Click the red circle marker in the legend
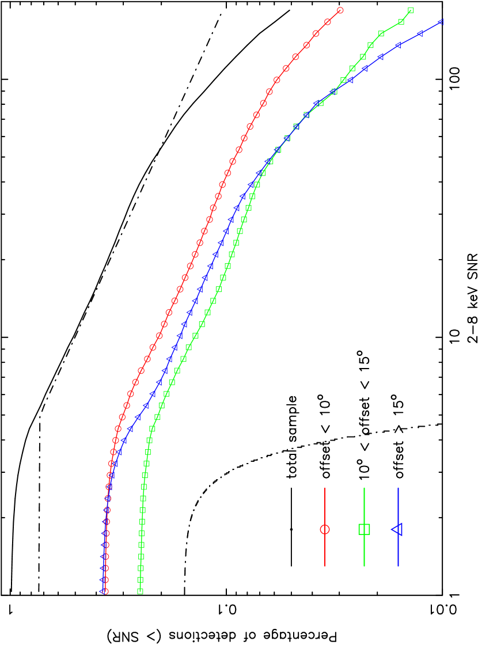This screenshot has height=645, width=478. point(325,529)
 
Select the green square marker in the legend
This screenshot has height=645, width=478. point(364,529)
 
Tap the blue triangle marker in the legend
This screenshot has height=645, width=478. point(397,529)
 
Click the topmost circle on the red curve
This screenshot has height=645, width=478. point(340,10)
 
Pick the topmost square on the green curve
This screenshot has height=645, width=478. point(411,10)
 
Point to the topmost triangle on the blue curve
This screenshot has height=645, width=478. point(441,22)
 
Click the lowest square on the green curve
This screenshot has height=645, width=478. point(140,591)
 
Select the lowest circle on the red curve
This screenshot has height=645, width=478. point(105,591)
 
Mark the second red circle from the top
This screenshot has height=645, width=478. point(328,22)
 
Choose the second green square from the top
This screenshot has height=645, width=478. point(401,22)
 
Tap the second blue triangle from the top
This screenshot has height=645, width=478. point(420,33)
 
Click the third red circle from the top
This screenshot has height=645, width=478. point(316,33)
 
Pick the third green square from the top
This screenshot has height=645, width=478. point(381,33)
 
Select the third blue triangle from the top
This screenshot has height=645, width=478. point(397,45)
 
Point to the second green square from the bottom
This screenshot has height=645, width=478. point(140,579)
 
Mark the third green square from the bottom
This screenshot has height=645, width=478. point(141,568)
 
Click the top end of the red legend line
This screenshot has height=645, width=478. point(325,488)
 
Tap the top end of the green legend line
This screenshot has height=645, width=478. point(364,488)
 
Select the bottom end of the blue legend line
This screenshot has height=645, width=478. point(398,566)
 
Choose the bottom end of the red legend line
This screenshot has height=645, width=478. point(325,566)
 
